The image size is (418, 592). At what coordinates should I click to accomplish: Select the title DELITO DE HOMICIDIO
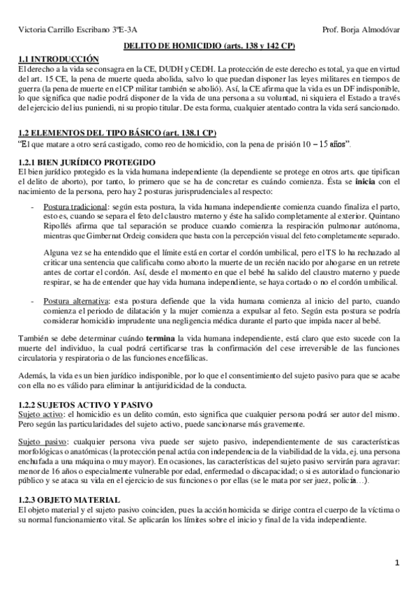coord(172,45)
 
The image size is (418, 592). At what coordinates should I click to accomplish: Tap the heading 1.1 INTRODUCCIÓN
coord(57,58)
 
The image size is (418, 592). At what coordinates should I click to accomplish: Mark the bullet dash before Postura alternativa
coord(33,301)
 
